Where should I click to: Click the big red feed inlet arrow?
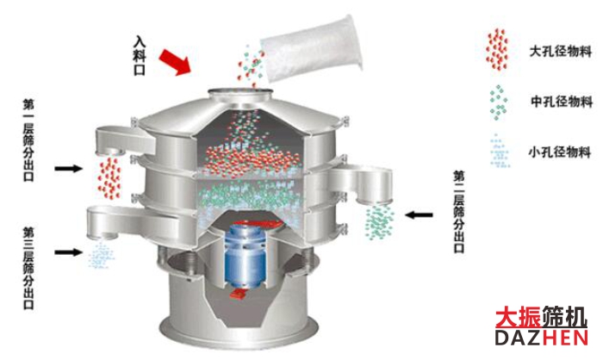tap(177, 60)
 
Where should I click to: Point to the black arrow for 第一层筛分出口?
tap(65, 167)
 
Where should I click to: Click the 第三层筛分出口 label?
tap(28, 266)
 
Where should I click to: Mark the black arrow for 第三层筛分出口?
tap(65, 251)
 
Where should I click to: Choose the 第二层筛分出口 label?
tap(459, 211)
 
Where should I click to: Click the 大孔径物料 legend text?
tap(560, 53)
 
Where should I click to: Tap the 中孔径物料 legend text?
tap(560, 102)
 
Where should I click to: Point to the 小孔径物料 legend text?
tap(560, 152)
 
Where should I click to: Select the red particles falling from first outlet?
tap(109, 176)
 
